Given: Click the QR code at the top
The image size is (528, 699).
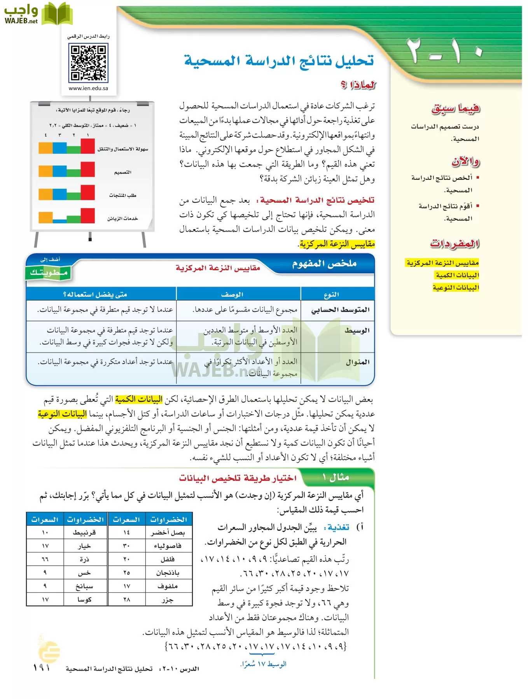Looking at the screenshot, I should coord(88,63).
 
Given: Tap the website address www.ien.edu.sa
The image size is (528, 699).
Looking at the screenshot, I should coord(88,88).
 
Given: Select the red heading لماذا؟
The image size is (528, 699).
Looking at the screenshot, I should coord(358,85).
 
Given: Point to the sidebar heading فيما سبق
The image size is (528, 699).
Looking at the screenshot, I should coord(455,108).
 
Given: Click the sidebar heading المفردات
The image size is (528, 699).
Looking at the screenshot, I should coord(455,243).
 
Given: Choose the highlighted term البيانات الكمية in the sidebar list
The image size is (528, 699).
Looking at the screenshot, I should coord(457,275).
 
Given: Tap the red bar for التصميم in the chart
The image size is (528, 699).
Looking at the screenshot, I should coord(88,169).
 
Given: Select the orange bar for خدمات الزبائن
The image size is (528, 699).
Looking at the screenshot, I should coord(45,217).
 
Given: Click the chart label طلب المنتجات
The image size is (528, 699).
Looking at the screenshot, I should coord(122,195).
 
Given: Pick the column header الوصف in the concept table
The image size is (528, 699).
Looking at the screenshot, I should coord(232,294).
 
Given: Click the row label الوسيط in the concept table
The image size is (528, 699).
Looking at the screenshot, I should coord(357,331).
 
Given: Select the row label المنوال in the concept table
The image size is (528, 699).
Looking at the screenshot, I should coord(357,362).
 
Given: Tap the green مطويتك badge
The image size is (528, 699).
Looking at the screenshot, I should coord(49,272).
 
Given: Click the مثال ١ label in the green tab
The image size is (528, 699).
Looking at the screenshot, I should coord(336,477).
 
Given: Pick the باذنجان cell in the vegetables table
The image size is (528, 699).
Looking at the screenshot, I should coord(168,573).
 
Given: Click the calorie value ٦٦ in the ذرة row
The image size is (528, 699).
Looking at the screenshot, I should coord(45,559).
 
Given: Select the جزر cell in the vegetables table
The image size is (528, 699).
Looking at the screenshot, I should coord(168,600).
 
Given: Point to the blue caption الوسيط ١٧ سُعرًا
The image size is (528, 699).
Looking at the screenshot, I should coord(263,664).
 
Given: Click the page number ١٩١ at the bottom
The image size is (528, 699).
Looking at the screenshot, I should coord(42,668).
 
